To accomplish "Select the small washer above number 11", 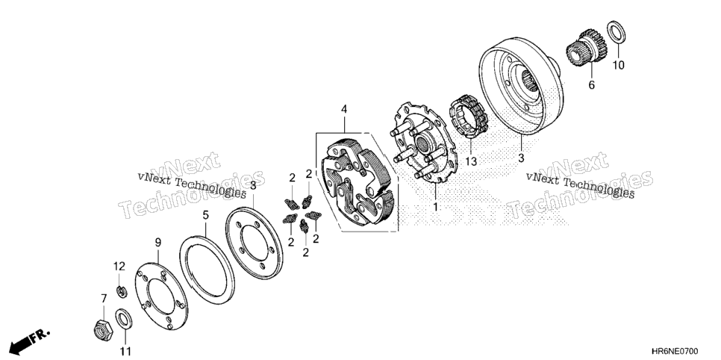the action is pos(122,320).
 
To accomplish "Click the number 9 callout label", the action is pos(157,242).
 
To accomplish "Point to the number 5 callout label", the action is pos(205,214).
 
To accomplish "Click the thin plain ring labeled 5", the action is pos(181,267).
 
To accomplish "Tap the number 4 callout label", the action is pos(344,110).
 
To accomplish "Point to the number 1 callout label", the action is pos(435,207).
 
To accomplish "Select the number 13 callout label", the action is pos(471,161).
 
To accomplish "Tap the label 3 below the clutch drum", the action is pos(521,158).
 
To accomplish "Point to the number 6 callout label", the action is pos(591,85).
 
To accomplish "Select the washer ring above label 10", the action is pos(616,33).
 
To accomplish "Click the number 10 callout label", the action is pos(619,66).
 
